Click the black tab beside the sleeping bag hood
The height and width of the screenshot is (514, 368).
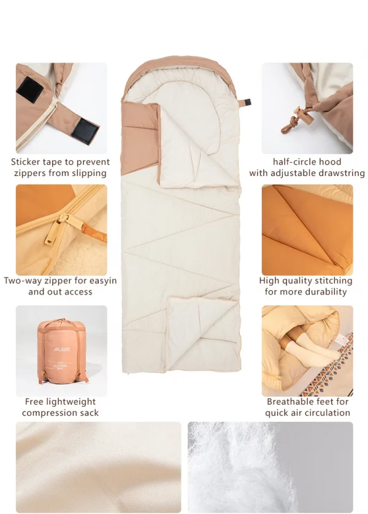pyautogui.click(x=247, y=102)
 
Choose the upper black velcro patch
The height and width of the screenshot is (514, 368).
pyautogui.click(x=30, y=89)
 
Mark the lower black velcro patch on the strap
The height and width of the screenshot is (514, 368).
pyautogui.click(x=85, y=129)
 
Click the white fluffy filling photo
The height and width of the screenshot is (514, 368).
pyautogui.click(x=270, y=467)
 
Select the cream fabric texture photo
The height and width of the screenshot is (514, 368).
pyautogui.click(x=98, y=467)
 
